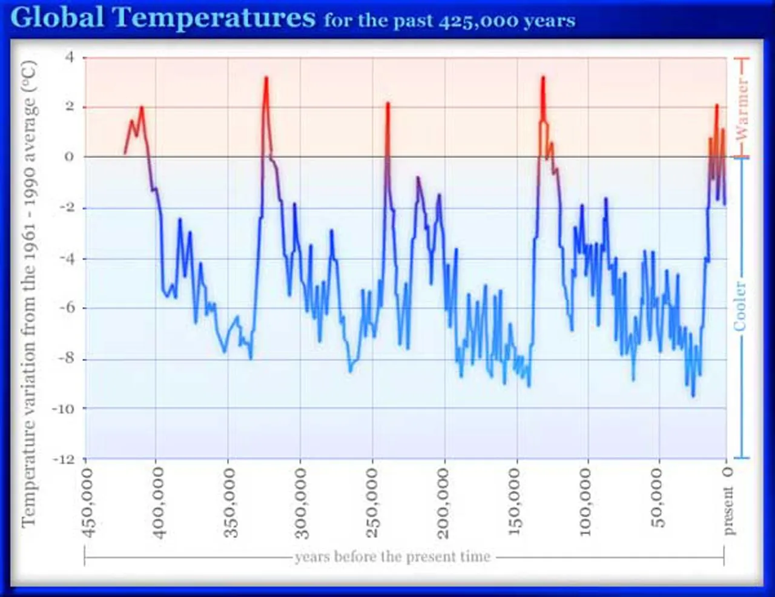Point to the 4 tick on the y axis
tap(70, 57)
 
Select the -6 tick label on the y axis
tap(66, 308)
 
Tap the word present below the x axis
tap(728, 512)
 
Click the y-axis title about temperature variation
tap(28, 294)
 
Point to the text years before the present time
tap(392, 556)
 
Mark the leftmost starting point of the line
tap(125, 153)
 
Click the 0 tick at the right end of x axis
tap(728, 472)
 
